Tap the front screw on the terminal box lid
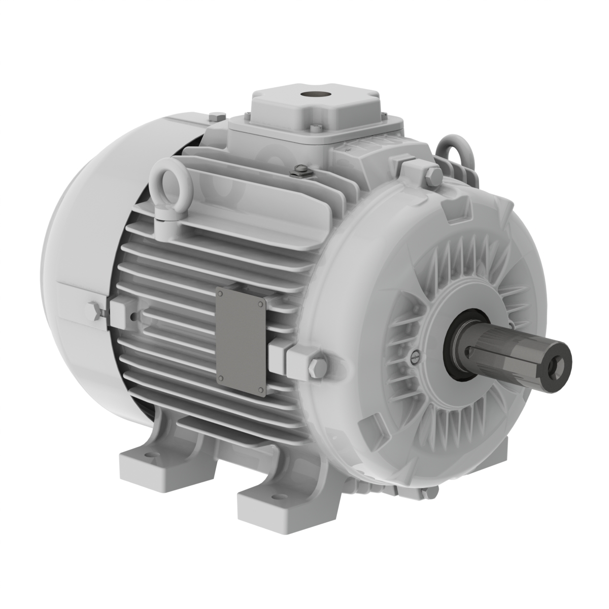tap(318, 126)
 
